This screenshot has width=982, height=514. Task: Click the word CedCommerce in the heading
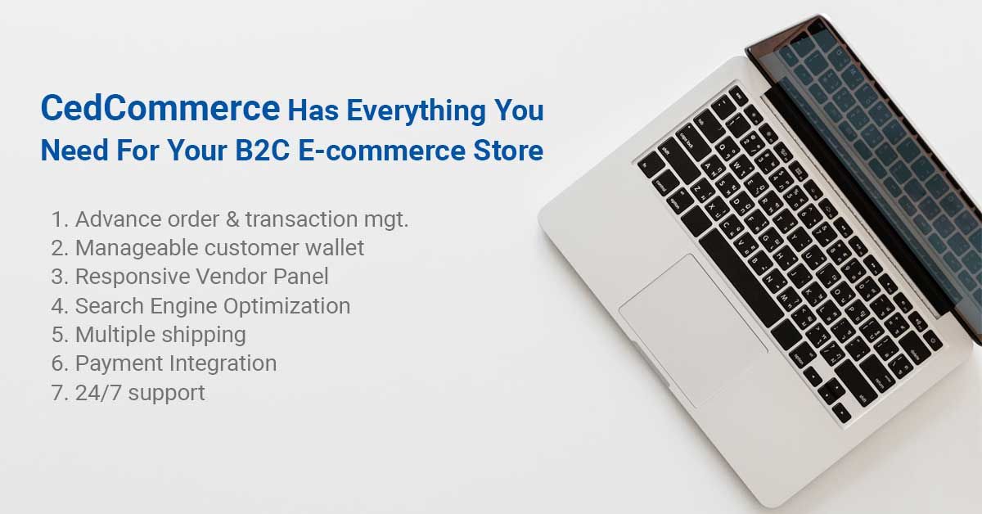point(160,108)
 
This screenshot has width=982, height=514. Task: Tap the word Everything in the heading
point(416,111)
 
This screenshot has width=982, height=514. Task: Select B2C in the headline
point(262,151)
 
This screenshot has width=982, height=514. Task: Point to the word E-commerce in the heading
point(381,151)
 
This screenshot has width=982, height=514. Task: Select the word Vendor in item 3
point(231,277)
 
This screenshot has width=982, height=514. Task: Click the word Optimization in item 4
point(286,305)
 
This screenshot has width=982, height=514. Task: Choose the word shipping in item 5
point(204,335)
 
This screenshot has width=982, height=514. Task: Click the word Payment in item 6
point(119,363)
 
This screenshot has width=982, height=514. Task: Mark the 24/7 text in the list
point(98,393)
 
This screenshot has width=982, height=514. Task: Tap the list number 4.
point(59,305)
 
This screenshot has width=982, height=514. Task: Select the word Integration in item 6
point(223,364)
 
